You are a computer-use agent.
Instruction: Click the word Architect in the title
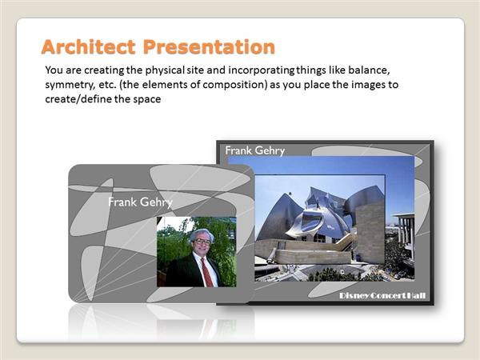click(x=88, y=47)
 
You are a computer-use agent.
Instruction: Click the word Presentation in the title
click(x=209, y=47)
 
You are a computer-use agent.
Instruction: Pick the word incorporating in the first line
click(x=261, y=70)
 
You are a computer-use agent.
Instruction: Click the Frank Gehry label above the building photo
click(x=255, y=150)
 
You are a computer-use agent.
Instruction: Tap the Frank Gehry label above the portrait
click(x=141, y=202)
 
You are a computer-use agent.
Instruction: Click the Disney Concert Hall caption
click(x=382, y=296)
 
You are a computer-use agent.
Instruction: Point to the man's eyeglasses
click(x=202, y=242)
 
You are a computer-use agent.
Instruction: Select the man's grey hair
click(x=201, y=234)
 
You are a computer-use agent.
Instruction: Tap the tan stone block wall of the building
click(x=370, y=232)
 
